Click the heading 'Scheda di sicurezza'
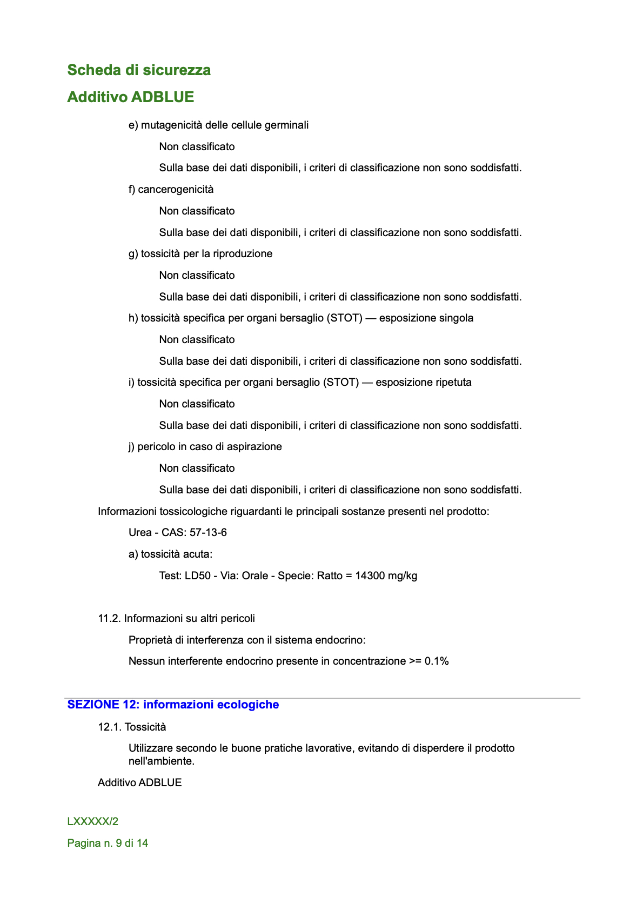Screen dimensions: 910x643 point(139,70)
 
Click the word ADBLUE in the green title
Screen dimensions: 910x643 point(163,97)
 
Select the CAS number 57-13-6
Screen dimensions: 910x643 point(208,533)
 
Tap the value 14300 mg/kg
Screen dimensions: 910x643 point(386,576)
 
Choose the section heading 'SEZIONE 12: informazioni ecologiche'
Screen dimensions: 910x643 point(173,705)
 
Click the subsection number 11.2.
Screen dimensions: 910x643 point(109,619)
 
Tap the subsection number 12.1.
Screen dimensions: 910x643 point(109,727)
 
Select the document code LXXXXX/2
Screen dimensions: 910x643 point(93,822)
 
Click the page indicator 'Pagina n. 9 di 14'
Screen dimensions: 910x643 point(108,844)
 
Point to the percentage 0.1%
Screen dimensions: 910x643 point(437,661)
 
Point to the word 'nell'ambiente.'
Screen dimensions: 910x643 point(162,761)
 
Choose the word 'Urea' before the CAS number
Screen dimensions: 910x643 point(140,533)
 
